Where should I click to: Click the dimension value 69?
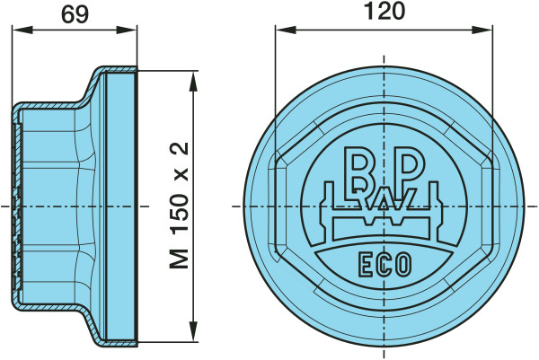coord(75,14)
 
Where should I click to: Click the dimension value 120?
coord(384,11)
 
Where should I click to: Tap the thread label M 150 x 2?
coord(180,205)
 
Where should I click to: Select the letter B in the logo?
coord(356,169)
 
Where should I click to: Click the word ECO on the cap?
coord(384,265)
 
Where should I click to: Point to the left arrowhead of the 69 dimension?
coord(22,30)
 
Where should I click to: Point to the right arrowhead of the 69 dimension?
coord(127,30)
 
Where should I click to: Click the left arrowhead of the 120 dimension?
coord(286,30)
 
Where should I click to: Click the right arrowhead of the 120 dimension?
coord(482,30)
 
